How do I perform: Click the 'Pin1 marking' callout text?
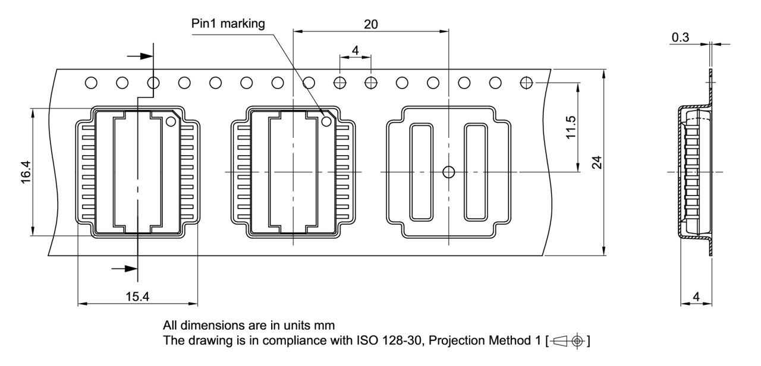pyautogui.click(x=228, y=24)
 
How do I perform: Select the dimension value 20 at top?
pyautogui.click(x=370, y=24)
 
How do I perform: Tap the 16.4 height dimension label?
pyautogui.click(x=26, y=172)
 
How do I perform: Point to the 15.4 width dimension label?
pyautogui.click(x=137, y=296)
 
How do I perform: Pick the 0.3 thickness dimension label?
pyautogui.click(x=681, y=37)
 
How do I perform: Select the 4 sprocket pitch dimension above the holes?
pyautogui.click(x=355, y=51)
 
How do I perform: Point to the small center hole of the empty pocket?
pyautogui.click(x=449, y=172)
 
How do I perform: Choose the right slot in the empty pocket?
pyautogui.click(x=476, y=172)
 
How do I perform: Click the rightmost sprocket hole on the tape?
pyautogui.click(x=526, y=82)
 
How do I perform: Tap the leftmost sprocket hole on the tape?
pyautogui.click(x=91, y=82)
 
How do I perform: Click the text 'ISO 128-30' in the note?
pyautogui.click(x=383, y=341)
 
